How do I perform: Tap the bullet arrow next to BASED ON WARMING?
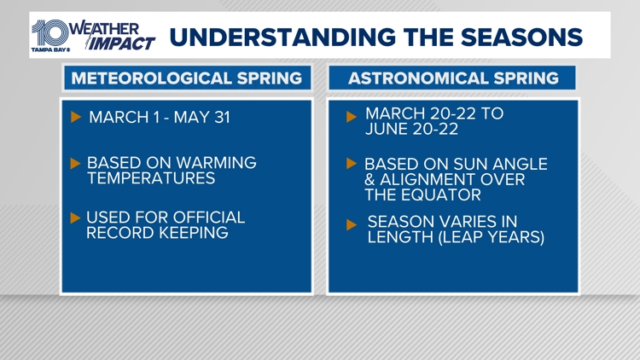click(75, 162)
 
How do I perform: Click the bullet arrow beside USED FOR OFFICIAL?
click(75, 218)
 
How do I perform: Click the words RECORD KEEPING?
click(157, 233)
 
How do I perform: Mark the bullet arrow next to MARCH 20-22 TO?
click(352, 118)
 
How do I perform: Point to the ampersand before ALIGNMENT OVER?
click(371, 179)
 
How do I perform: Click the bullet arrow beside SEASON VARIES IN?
click(352, 224)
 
